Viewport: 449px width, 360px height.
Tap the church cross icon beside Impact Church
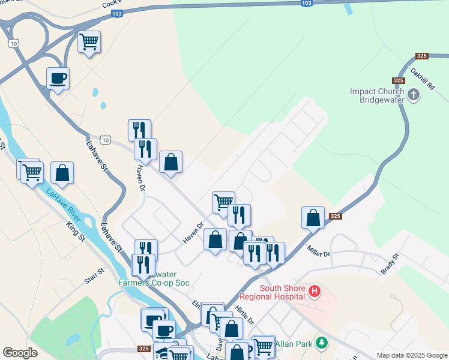(414, 95)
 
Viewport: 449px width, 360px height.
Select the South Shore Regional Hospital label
(273, 292)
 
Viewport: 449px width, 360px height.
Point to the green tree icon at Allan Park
(322, 343)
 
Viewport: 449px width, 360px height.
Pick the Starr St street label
(95, 277)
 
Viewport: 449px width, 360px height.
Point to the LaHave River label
(62, 202)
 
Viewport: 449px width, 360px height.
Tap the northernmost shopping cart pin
(89, 42)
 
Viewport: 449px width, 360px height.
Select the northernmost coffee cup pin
(58, 78)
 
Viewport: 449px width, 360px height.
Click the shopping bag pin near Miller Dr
(313, 218)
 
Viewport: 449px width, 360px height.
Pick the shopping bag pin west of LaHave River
(62, 173)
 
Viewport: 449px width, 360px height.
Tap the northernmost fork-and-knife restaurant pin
(139, 130)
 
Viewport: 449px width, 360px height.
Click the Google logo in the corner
(20, 353)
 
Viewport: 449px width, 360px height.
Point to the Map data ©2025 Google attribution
(411, 355)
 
